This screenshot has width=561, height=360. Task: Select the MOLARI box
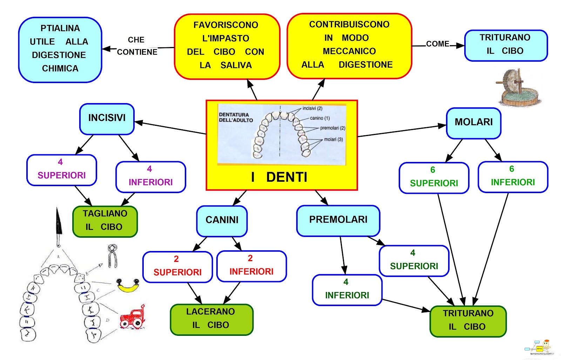473,123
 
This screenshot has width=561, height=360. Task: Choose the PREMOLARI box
338,220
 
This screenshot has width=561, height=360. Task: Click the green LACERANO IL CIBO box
211,319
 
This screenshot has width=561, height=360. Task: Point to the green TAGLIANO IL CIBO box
105,221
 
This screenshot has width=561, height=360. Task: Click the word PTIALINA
60,28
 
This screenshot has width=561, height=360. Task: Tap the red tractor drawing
132,317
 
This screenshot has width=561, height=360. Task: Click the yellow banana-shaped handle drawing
128,286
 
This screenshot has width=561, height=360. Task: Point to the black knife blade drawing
58,224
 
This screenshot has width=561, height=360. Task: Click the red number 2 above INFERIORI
250,258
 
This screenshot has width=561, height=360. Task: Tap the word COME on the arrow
437,44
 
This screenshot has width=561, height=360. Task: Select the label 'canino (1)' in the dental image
319,118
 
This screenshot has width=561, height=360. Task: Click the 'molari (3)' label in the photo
333,140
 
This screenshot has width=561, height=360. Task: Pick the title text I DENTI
279,177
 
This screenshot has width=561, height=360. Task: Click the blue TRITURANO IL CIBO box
505,45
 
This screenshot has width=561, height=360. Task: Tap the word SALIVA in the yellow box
236,66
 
